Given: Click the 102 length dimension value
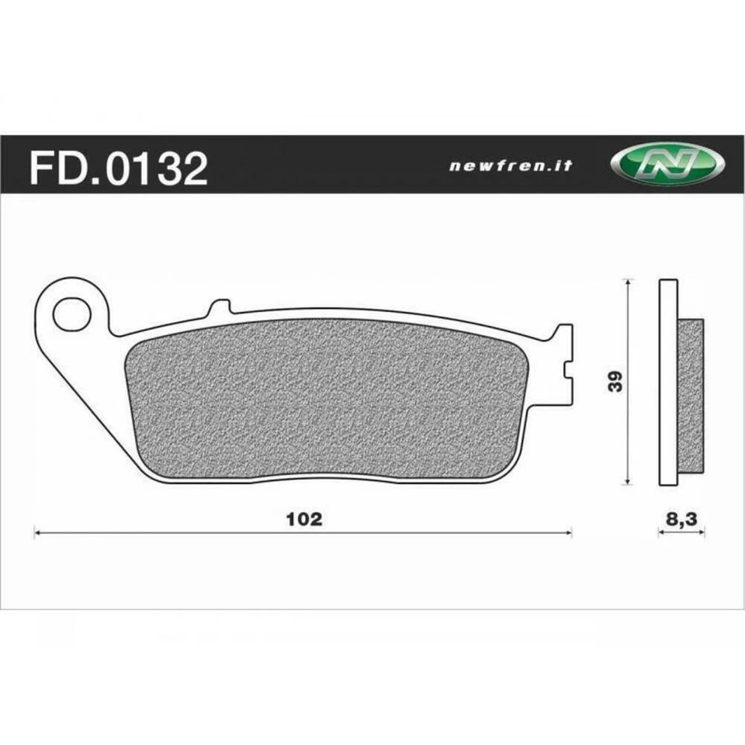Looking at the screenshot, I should (304, 519).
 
